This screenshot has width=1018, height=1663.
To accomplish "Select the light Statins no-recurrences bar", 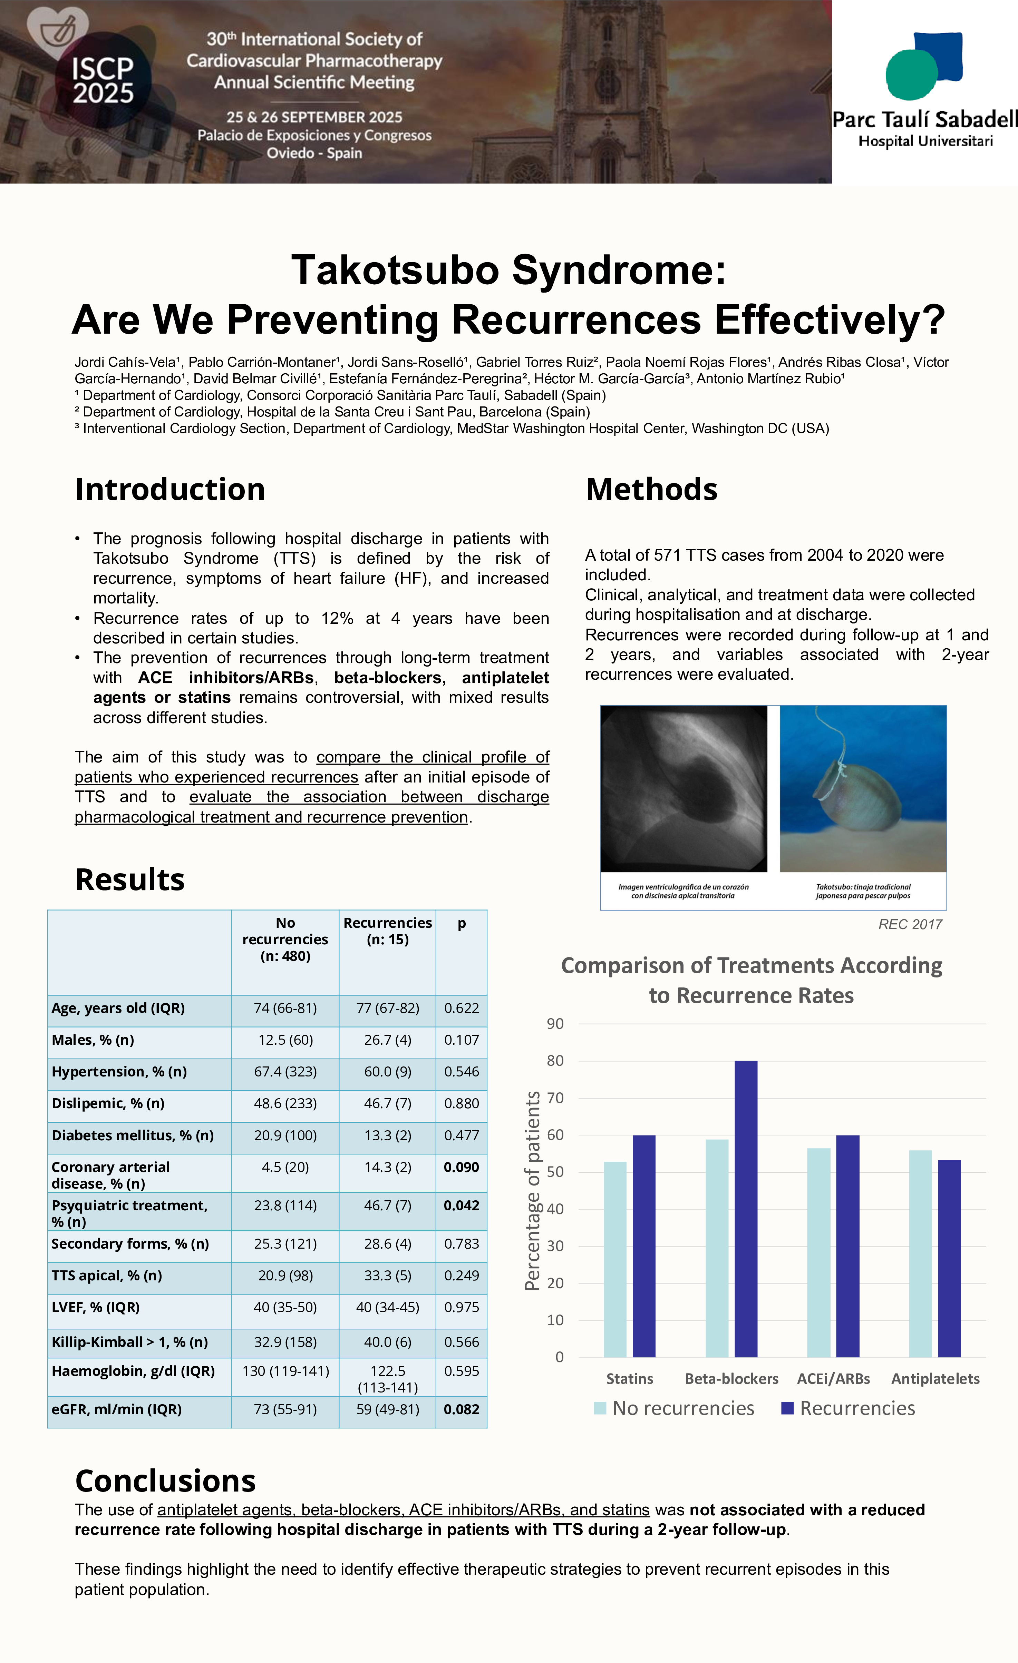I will (x=614, y=1259).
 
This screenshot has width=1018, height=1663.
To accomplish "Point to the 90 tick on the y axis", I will (x=555, y=1024).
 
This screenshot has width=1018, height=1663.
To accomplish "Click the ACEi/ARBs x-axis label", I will (x=833, y=1378).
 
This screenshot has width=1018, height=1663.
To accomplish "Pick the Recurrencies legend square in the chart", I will (x=787, y=1408).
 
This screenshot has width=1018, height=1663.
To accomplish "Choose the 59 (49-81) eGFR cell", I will (x=387, y=1409).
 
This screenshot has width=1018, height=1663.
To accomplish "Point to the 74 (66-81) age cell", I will (x=285, y=1008).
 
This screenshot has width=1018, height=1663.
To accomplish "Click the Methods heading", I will (x=651, y=489).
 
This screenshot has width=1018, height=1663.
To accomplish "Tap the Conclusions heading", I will (x=165, y=1481).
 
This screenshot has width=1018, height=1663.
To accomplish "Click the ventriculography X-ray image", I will (x=683, y=788).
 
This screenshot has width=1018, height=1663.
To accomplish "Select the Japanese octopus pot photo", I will (x=863, y=788).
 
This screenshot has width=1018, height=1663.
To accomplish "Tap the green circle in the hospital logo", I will (x=911, y=74).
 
